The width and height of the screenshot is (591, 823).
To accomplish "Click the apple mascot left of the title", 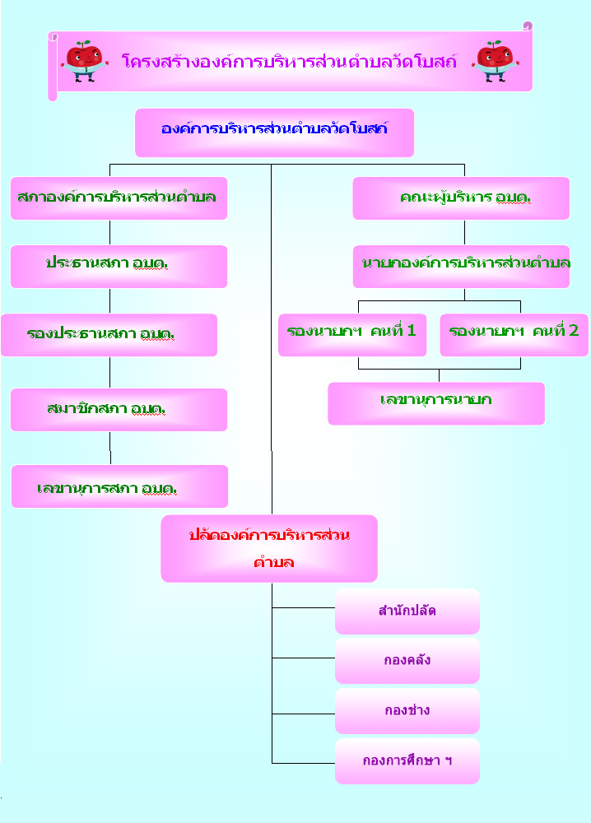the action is [x=84, y=61].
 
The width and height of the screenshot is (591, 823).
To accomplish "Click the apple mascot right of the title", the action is [x=495, y=61].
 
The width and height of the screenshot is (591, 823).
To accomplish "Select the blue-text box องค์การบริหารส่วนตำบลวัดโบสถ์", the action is [x=274, y=133].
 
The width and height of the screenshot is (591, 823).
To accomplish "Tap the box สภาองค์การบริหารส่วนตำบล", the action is [x=119, y=198].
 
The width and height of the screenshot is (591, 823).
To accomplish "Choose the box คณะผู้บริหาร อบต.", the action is [x=461, y=198].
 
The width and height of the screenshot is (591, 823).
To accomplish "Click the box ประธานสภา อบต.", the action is [x=119, y=267].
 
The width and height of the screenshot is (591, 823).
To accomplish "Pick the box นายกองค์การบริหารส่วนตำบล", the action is [x=461, y=267].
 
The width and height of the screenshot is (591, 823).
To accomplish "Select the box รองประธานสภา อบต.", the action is [x=109, y=335].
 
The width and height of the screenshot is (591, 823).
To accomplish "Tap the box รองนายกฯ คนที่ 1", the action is [x=352, y=335].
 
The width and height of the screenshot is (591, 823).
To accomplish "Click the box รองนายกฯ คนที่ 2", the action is [x=514, y=335].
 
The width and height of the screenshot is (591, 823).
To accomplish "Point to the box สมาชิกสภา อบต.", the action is [x=119, y=410].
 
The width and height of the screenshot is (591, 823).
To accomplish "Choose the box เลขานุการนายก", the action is [x=436, y=403].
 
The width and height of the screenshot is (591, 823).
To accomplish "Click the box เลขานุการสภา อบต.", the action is [x=119, y=486].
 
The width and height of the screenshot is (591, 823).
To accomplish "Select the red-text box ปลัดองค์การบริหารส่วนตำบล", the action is [x=269, y=548].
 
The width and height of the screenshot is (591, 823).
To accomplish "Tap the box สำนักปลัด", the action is [x=407, y=611].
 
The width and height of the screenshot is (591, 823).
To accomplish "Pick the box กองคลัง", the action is [x=407, y=661].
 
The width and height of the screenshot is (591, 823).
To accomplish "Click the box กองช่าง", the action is [x=407, y=711].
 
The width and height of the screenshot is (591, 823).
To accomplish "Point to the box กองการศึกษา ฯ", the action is [x=407, y=761].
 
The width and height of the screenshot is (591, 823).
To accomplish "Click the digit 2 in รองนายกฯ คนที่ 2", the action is [x=574, y=331].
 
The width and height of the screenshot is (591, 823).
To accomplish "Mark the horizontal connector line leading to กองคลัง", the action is [x=304, y=658].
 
